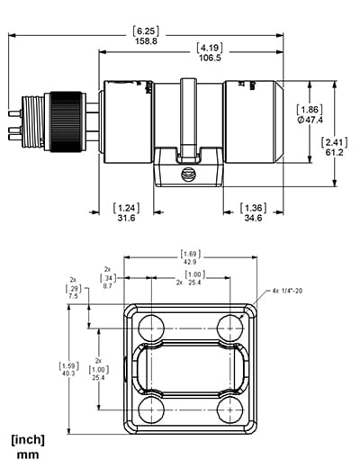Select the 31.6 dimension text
click(x=127, y=219)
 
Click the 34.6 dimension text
click(x=254, y=219)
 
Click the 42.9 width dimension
click(x=190, y=262)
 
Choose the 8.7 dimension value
click(x=107, y=284)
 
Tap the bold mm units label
click(x=28, y=455)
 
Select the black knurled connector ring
click(x=68, y=112)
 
